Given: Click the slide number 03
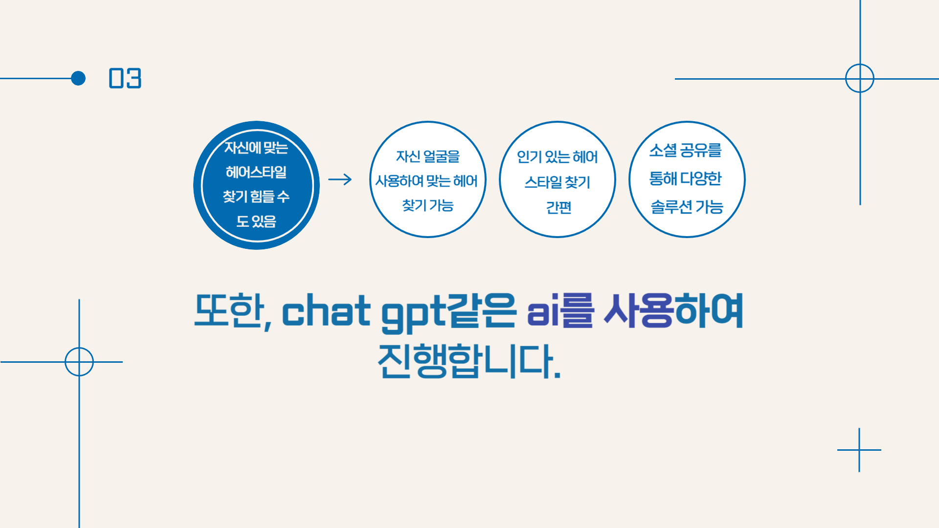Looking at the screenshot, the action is click(x=125, y=78).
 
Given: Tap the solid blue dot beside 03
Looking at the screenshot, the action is click(x=78, y=78).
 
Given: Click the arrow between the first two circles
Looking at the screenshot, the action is click(x=340, y=179).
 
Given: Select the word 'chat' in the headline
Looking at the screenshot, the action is click(x=326, y=311).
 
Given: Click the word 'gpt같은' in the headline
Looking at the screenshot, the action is click(x=448, y=313).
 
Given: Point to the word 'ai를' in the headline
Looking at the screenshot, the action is click(x=560, y=311).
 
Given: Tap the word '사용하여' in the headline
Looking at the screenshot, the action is click(x=674, y=311).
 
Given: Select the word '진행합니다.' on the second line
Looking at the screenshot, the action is click(x=469, y=361).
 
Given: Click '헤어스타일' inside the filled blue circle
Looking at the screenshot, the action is click(x=256, y=172).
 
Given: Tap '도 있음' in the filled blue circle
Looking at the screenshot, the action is click(x=256, y=221).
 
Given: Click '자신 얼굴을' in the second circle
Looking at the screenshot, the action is click(x=428, y=156).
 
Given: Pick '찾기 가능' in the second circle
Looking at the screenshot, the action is click(x=428, y=205).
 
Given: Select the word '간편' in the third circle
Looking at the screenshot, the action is click(x=559, y=208).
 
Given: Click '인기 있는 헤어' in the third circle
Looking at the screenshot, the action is click(x=558, y=157).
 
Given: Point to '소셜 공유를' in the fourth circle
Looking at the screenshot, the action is click(x=686, y=151).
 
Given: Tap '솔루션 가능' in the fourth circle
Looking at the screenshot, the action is click(x=687, y=207).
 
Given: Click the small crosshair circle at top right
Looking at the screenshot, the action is click(x=860, y=64).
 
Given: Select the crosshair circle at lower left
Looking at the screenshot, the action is click(x=79, y=348).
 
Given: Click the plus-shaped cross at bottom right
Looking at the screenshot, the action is click(x=859, y=450).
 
